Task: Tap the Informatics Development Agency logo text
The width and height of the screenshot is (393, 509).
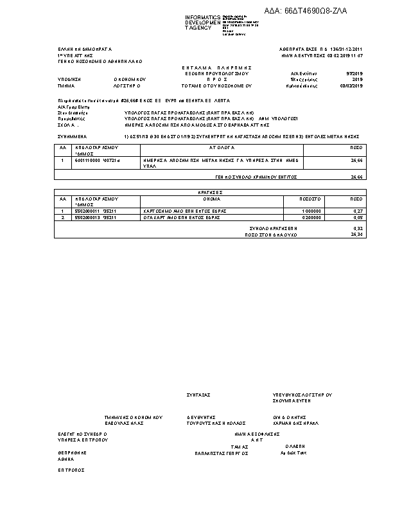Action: (x=203, y=22)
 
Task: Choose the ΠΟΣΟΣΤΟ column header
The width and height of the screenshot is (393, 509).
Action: (x=310, y=199)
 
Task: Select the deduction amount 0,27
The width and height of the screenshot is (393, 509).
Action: (x=358, y=211)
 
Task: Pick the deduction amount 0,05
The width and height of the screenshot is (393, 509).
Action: (x=358, y=218)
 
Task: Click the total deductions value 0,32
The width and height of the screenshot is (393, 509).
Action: (x=358, y=228)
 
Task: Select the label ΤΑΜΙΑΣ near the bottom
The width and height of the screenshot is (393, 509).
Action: (x=240, y=445)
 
